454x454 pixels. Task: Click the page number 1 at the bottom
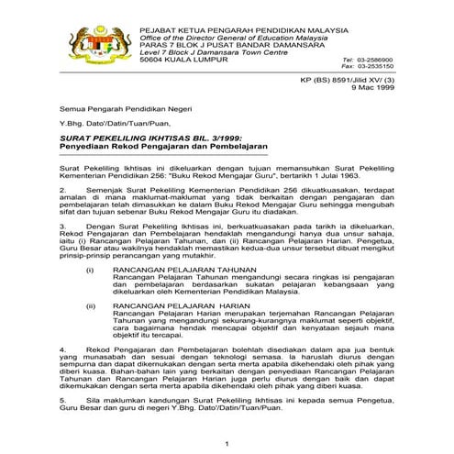(x=226, y=446)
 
